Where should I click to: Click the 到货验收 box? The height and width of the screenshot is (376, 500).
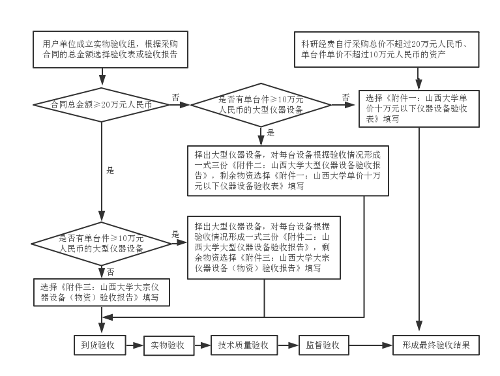click(x=100, y=345)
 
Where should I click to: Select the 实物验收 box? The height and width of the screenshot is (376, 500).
click(x=169, y=345)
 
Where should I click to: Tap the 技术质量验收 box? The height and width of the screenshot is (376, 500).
click(x=244, y=345)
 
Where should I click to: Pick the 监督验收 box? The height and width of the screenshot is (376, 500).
click(x=323, y=345)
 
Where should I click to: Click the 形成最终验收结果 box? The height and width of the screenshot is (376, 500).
click(x=436, y=345)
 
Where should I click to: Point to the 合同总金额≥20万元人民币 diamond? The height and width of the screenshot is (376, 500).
click(x=102, y=104)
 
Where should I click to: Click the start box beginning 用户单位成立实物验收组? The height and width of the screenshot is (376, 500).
click(x=110, y=50)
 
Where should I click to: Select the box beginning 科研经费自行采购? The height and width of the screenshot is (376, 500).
click(x=387, y=50)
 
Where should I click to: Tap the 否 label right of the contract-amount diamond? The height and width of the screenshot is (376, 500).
click(x=176, y=97)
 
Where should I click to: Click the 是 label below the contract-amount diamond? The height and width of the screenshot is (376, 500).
click(x=110, y=171)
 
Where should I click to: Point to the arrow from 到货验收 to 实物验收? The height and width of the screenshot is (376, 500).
click(x=134, y=345)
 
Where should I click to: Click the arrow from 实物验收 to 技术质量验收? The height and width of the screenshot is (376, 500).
click(x=203, y=345)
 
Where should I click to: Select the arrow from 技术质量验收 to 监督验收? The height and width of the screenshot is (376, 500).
click(x=288, y=345)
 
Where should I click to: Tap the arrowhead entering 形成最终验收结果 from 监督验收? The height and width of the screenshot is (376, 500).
click(x=388, y=345)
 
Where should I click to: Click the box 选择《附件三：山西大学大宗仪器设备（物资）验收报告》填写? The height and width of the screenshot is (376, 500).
click(x=102, y=292)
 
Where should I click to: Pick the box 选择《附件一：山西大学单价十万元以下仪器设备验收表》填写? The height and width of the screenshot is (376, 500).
click(x=419, y=109)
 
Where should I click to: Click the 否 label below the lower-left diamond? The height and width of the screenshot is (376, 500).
click(x=110, y=272)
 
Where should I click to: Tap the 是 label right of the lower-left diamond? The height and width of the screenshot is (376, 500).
click(x=175, y=234)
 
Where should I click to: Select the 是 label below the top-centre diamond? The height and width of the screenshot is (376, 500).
click(x=271, y=132)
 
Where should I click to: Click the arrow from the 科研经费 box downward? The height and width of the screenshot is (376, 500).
click(x=419, y=79)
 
